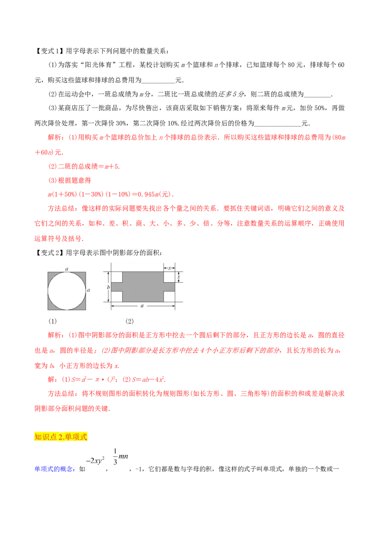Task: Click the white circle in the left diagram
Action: coord(67,291)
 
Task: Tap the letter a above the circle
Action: coord(67,268)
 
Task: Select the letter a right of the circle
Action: coord(89,289)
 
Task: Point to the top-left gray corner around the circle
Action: coord(50,274)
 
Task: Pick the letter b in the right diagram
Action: coord(108,287)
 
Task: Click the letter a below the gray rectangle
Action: coord(142,306)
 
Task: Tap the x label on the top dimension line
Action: coord(169,268)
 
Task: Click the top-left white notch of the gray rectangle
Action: coord(117,277)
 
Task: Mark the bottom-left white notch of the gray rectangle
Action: coord(117,297)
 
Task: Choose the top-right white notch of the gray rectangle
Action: coord(169,277)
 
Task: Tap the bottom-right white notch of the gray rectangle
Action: coord(169,297)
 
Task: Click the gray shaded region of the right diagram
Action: coord(143,287)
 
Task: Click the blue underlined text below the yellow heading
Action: coord(54,469)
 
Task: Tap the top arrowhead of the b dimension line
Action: coord(108,273)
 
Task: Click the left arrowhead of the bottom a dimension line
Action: coord(113,306)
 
